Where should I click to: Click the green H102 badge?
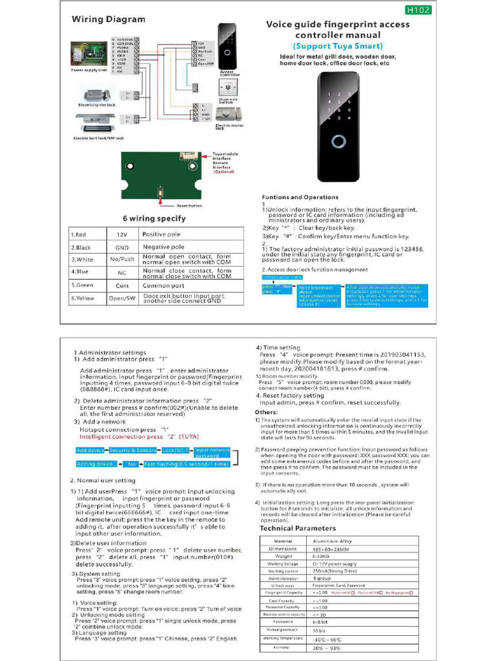coord(418,10)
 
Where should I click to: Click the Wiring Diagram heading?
coord(108,19)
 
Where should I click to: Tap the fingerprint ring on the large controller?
coord(338,141)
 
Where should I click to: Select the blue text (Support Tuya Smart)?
coord(338,46)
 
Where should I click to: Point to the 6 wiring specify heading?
coord(154,218)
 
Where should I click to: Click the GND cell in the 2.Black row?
coord(122,247)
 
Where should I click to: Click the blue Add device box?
coord(90,450)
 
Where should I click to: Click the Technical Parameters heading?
coord(298,528)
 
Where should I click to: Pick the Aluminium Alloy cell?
coord(333,541)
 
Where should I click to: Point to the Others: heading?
coord(266,412)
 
